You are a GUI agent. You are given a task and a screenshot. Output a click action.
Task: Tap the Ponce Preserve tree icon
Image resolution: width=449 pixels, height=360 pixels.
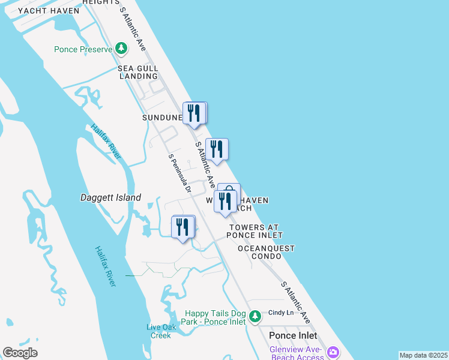pyautogui.click(x=122, y=47)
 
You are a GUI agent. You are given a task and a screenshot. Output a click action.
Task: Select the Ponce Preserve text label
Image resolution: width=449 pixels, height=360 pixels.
pyautogui.click(x=83, y=49)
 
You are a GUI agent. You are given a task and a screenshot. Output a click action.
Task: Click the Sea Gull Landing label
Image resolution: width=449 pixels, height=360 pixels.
pyautogui.click(x=137, y=73)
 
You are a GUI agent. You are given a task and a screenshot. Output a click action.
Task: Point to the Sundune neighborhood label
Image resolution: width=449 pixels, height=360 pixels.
pyautogui.click(x=161, y=118)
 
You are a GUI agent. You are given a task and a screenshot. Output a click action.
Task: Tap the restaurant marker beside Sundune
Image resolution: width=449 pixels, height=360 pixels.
pyautogui.click(x=194, y=113)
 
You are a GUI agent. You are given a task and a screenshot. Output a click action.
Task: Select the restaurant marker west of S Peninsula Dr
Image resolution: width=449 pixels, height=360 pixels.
pyautogui.click(x=183, y=227)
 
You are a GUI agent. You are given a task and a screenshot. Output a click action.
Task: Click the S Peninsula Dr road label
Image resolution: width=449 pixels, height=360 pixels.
pyautogui.click(x=179, y=174)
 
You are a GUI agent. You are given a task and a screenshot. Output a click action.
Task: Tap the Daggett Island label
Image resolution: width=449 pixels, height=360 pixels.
pyautogui.click(x=110, y=197)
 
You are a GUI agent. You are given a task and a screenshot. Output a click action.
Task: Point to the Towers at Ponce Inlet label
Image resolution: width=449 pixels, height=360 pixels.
pyautogui.click(x=255, y=231)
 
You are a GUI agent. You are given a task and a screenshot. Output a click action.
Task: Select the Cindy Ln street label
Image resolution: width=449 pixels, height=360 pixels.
pyautogui.click(x=281, y=313)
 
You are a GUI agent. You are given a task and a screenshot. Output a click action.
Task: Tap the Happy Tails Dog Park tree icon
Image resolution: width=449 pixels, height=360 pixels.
pyautogui.click(x=255, y=316)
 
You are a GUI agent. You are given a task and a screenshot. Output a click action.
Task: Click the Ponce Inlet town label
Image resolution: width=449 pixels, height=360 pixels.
pyautogui.click(x=293, y=335)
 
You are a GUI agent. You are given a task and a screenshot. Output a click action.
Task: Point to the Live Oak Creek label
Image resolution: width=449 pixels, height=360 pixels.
pyautogui.click(x=159, y=331)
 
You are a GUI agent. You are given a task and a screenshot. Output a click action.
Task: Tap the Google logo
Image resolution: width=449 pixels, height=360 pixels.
pyautogui.click(x=20, y=353)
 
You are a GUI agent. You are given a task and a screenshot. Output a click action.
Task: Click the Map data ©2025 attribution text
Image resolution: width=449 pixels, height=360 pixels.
pyautogui.click(x=423, y=355)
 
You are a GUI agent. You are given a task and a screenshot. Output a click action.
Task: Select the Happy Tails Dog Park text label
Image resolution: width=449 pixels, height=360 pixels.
pyautogui.click(x=215, y=317)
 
